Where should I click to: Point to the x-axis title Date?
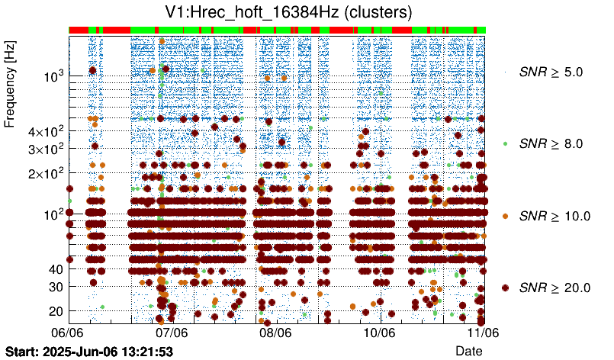pyautogui.click(x=468, y=350)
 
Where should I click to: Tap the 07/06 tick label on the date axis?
pyautogui.click(x=172, y=333)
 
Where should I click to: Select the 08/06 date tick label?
pyautogui.click(x=275, y=333)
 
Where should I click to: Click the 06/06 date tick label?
pyautogui.click(x=68, y=333)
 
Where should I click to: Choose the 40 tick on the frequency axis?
pyautogui.click(x=56, y=269)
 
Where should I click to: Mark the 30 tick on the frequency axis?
pyautogui.click(x=56, y=286)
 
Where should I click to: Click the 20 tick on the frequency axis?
pyautogui.click(x=56, y=310)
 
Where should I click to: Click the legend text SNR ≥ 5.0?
pyautogui.click(x=550, y=72)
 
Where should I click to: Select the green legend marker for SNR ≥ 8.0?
pyautogui.click(x=505, y=143)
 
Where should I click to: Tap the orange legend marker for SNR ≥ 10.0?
pyautogui.click(x=505, y=216)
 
